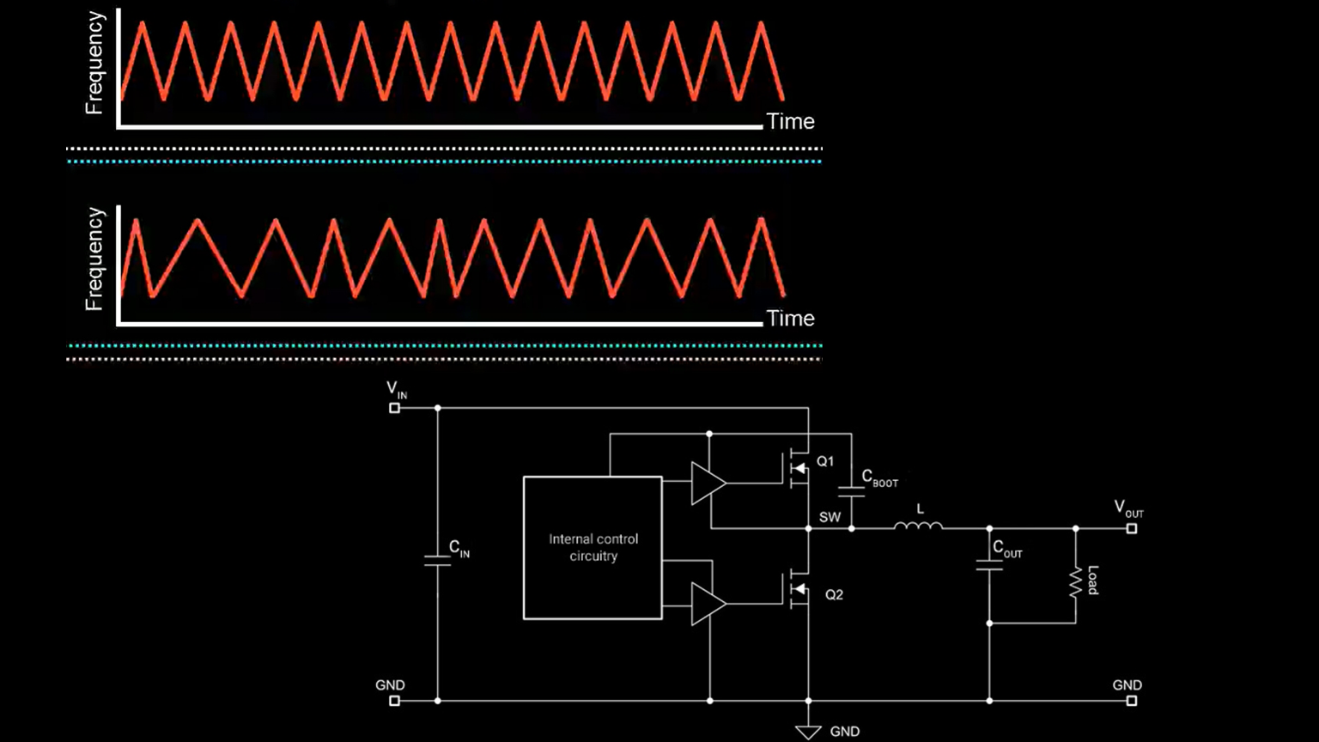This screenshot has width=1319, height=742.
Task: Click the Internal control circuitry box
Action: [593, 548]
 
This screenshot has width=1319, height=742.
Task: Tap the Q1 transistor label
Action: [824, 462]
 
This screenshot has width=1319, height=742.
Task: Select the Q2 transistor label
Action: [834, 594]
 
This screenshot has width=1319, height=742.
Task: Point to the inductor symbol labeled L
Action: [918, 525]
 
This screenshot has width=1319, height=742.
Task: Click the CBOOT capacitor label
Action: [879, 478]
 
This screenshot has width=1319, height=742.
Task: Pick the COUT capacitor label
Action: [1007, 550]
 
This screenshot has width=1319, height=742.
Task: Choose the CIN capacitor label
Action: [459, 549]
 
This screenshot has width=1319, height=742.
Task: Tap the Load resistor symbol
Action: [1075, 581]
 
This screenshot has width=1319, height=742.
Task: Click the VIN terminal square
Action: [395, 408]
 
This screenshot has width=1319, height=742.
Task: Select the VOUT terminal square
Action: [1132, 528]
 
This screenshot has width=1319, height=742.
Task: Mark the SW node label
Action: [830, 517]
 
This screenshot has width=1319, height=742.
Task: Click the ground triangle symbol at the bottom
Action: [808, 731]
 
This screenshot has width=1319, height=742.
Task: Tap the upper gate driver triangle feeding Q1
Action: [708, 483]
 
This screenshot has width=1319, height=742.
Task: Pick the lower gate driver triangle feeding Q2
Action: [708, 604]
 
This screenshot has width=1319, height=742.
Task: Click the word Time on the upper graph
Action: [790, 122]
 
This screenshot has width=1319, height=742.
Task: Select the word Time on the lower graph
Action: [790, 319]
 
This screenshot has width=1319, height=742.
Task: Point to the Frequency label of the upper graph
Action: [94, 64]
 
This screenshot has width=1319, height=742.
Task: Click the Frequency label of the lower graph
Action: [94, 259]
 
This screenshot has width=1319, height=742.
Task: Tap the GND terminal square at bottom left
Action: [395, 701]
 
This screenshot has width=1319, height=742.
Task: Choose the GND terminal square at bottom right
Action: [1132, 701]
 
